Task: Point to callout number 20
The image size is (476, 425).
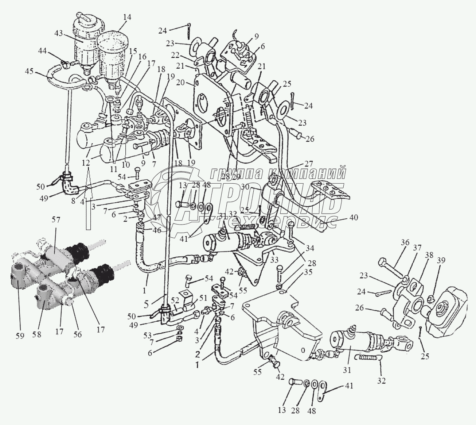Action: pyautogui.click(x=189, y=83)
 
